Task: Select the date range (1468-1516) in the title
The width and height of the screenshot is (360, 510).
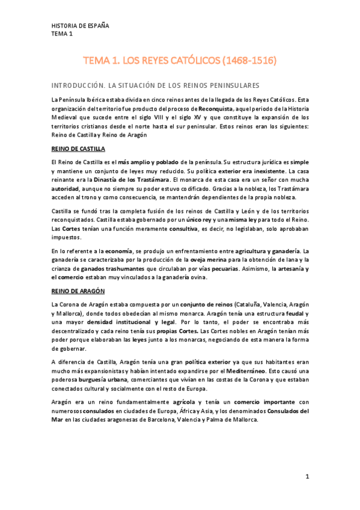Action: click(x=250, y=61)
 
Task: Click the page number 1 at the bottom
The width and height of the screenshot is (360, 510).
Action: click(x=307, y=477)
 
